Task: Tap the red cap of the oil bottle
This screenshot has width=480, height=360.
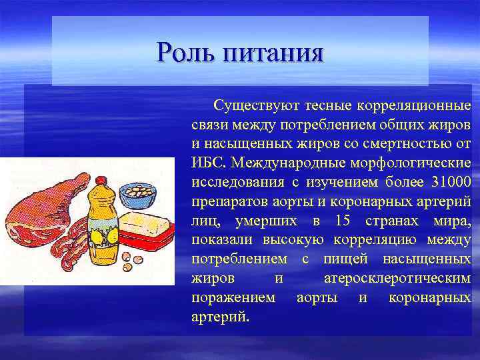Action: pos(101,179)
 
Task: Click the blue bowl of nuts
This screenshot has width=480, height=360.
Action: pos(139,193)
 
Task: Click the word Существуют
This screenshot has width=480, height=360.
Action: pos(256,105)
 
